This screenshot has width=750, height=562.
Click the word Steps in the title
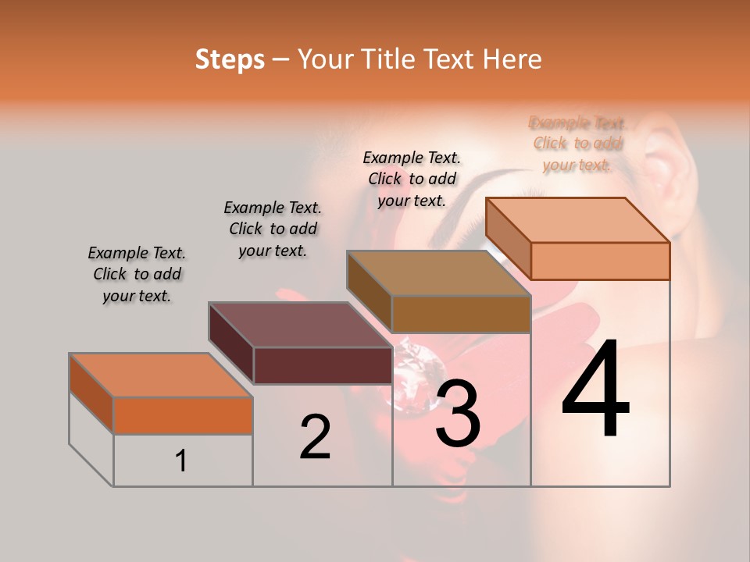[x=229, y=59]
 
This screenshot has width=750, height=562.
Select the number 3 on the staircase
[x=457, y=414]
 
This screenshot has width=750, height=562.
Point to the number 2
[x=315, y=437]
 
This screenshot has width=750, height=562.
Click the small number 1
[x=181, y=461]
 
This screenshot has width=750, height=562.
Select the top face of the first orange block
[x=160, y=375]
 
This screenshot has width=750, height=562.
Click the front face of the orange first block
[x=183, y=415]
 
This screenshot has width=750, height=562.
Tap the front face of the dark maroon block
[x=322, y=365]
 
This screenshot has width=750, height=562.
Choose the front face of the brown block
[x=461, y=314]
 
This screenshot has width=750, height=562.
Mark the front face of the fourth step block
[x=600, y=261]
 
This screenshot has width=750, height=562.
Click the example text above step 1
[x=137, y=274]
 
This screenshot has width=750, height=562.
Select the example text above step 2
[x=273, y=229]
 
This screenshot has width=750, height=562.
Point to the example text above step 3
[x=412, y=179]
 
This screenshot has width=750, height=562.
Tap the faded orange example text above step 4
[x=577, y=144]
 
